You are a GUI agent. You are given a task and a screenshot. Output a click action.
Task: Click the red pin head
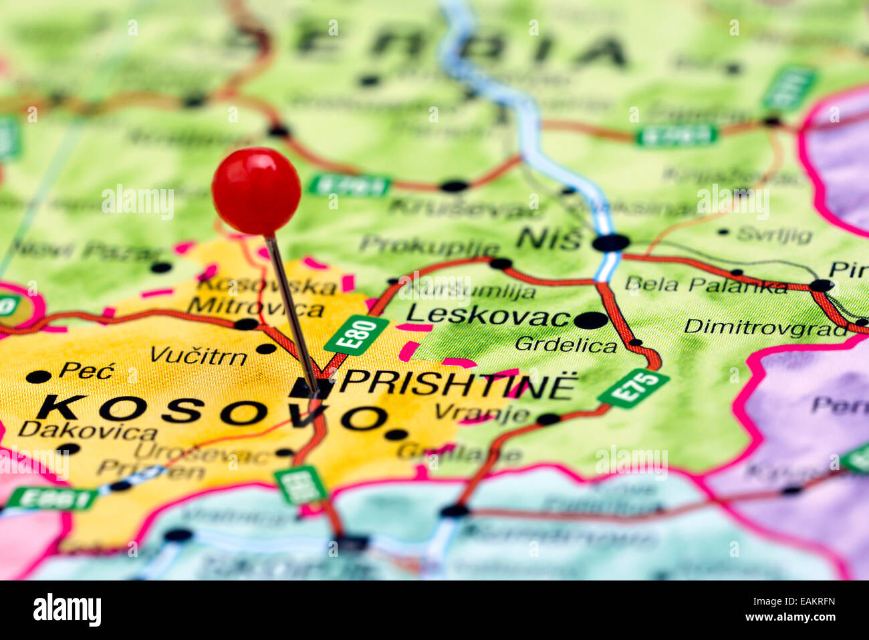click(256, 191)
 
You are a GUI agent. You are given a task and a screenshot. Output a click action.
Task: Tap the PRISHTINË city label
click(459, 385)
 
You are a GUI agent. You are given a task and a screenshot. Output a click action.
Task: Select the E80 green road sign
click(356, 335)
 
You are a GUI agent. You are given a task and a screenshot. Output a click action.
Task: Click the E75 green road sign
click(633, 388)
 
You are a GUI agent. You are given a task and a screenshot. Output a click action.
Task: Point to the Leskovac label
click(489, 315)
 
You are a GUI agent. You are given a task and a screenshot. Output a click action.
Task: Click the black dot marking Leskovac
click(591, 320)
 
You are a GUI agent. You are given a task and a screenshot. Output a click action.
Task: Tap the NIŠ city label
click(549, 239)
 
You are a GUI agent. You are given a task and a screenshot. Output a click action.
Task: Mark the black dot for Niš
click(610, 243)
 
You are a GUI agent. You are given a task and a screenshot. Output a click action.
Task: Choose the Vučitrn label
click(198, 355)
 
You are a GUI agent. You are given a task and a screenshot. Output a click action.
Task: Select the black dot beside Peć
click(38, 377)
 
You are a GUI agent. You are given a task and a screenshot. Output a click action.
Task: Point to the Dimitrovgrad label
click(765, 327)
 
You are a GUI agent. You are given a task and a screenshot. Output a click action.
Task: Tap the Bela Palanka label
click(705, 285)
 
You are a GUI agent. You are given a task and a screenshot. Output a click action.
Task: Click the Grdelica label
click(566, 346)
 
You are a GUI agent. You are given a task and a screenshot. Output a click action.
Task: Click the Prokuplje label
click(429, 245)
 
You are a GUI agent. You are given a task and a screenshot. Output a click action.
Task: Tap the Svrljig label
click(774, 235)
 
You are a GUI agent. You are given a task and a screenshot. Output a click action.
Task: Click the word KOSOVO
click(211, 411)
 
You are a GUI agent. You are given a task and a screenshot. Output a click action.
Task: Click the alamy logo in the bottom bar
click(67, 610)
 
